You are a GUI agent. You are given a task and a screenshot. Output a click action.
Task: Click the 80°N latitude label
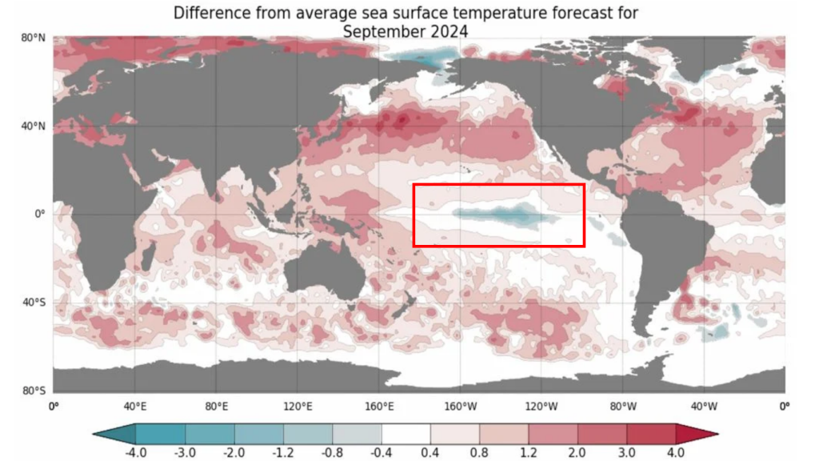point(32,38)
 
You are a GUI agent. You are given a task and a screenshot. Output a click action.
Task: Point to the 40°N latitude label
point(32,126)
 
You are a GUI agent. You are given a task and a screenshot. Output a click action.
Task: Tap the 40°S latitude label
point(32,303)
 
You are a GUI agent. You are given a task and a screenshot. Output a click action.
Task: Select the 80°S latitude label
point(32,391)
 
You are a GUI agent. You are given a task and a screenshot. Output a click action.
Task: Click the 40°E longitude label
point(135,406)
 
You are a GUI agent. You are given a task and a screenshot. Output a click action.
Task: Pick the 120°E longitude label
point(298,406)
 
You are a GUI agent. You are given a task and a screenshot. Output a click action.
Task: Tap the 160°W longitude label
point(461,406)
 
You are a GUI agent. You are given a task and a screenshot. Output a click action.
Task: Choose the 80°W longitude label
point(623,406)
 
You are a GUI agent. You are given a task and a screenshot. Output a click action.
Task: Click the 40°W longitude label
point(705,406)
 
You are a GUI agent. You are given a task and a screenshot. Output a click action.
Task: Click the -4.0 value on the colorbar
point(136,452)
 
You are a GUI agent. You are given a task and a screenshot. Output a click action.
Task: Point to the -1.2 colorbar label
point(283,452)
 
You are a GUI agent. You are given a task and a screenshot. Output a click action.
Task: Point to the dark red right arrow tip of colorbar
point(704,433)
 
